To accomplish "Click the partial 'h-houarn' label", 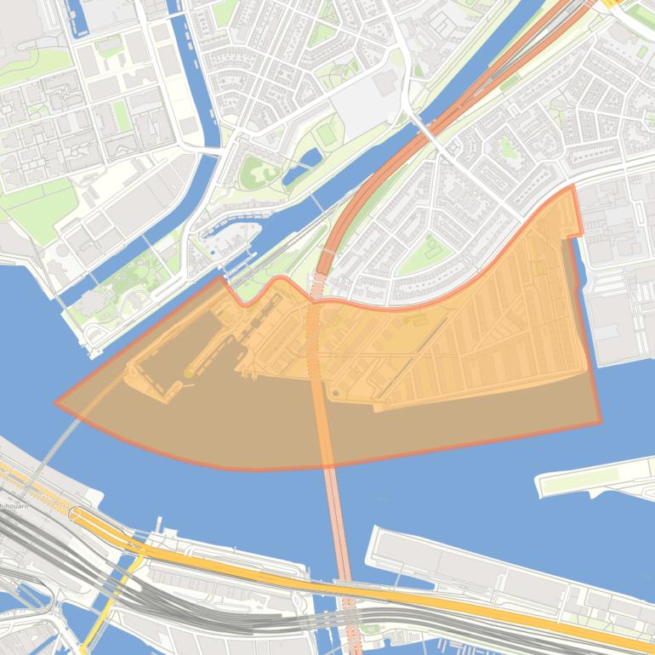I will point(14,506).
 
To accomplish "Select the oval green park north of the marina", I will point(258,173).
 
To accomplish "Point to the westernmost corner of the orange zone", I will point(57,403).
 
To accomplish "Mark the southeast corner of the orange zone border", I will point(600,422).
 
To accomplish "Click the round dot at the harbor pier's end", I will point(187,373).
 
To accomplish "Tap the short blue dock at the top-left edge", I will point(75,13).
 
